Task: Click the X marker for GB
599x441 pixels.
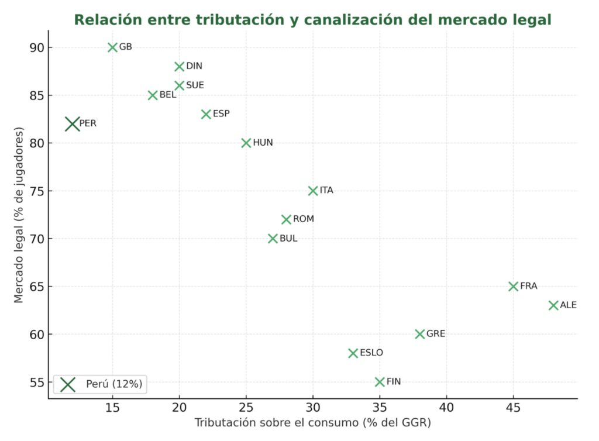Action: tap(113, 47)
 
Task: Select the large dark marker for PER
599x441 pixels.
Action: tap(73, 123)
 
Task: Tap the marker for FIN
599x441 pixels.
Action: tap(380, 382)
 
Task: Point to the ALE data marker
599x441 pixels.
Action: tap(553, 305)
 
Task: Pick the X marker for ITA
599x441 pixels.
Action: tap(313, 191)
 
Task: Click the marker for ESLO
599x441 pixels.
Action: tap(353, 353)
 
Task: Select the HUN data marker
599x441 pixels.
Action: tap(246, 143)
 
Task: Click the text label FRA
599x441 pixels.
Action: tap(528, 287)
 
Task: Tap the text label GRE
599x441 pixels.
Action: tap(436, 334)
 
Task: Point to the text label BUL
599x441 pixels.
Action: tap(288, 239)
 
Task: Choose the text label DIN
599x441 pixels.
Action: tap(194, 67)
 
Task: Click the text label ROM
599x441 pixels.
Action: tap(304, 219)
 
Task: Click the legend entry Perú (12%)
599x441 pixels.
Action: tap(114, 384)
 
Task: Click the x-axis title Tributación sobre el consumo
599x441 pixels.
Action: tap(312, 422)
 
